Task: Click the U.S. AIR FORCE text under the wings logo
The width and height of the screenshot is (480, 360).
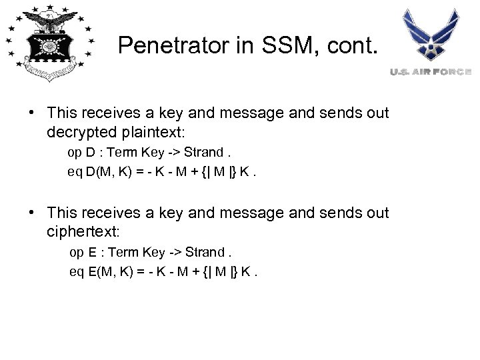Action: point(431,71)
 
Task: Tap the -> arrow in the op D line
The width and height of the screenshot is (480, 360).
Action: point(175,152)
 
